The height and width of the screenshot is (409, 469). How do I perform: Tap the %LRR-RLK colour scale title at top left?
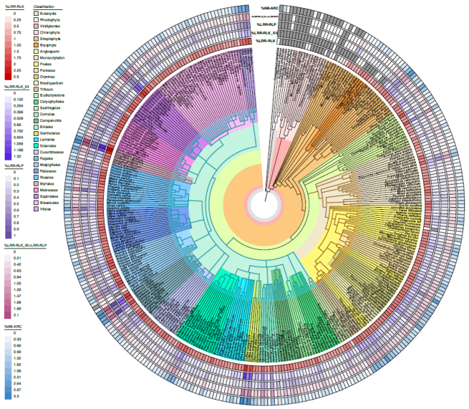point(13,5)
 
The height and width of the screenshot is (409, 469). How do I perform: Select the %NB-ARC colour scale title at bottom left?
point(14,326)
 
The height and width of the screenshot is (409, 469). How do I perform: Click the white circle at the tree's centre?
point(264,204)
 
